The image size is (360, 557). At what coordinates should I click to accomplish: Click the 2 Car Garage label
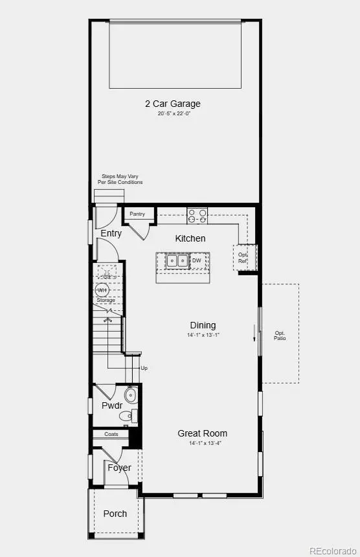pyautogui.click(x=174, y=104)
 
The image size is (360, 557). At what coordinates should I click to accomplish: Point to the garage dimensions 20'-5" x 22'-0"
pyautogui.click(x=174, y=113)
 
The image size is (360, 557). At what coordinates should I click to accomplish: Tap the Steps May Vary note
pyautogui.click(x=120, y=179)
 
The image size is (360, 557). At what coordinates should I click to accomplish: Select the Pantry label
pyautogui.click(x=137, y=214)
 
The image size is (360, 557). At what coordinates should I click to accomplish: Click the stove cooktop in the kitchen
pyautogui.click(x=197, y=215)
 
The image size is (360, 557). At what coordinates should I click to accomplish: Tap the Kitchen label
pyautogui.click(x=190, y=238)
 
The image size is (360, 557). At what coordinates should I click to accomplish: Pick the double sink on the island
pyautogui.click(x=177, y=260)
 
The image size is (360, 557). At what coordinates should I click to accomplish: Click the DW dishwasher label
pyautogui.click(x=197, y=260)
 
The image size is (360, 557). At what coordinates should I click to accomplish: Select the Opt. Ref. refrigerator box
pyautogui.click(x=244, y=256)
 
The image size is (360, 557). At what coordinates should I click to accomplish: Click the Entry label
pyautogui.click(x=111, y=233)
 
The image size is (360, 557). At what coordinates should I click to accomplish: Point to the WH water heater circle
pyautogui.click(x=103, y=290)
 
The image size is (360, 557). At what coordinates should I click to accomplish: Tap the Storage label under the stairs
pyautogui.click(x=106, y=301)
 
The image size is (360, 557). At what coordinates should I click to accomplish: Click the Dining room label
pyautogui.click(x=203, y=325)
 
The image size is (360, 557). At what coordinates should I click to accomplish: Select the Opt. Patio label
pyautogui.click(x=280, y=335)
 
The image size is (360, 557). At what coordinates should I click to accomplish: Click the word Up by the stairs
pyautogui.click(x=144, y=368)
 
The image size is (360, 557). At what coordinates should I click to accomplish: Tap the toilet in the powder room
pyautogui.click(x=131, y=395)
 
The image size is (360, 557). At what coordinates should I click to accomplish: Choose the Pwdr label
pyautogui.click(x=112, y=405)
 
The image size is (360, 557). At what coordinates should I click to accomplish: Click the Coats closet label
pyautogui.click(x=111, y=434)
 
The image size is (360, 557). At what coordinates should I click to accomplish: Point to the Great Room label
pyautogui.click(x=203, y=433)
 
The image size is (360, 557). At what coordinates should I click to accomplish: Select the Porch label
pyautogui.click(x=115, y=514)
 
